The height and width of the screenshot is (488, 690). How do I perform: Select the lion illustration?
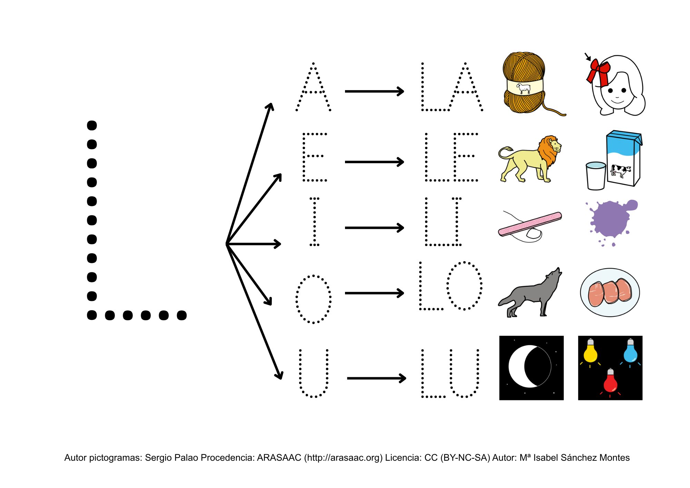click(530, 159)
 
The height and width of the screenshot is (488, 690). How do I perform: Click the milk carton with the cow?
click(624, 158)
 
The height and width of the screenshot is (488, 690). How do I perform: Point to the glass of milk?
click(596, 176)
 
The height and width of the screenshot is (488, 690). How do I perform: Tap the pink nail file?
click(530, 224)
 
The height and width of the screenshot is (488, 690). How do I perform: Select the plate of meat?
click(610, 293)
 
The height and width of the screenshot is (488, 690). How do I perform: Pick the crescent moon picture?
click(531, 368)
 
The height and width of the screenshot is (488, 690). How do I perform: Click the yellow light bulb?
click(590, 351)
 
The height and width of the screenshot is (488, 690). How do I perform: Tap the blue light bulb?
click(630, 351)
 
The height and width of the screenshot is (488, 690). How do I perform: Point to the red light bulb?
click(610, 381)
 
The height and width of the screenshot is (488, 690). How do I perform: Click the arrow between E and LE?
click(374, 162)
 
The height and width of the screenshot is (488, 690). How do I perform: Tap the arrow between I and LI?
click(374, 228)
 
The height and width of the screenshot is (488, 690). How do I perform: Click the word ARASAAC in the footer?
click(279, 458)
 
